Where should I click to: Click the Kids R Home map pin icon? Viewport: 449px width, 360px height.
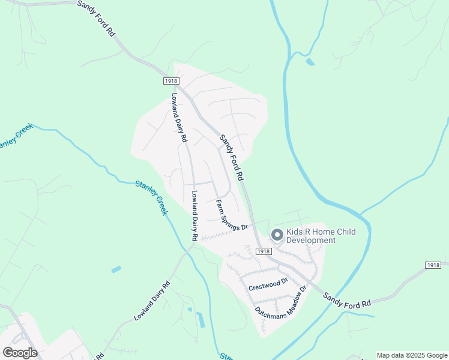tap(277, 235)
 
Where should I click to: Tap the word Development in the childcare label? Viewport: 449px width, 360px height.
tap(311, 241)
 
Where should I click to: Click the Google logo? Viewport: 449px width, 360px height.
tap(20, 352)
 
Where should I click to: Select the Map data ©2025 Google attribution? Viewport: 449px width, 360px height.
tap(411, 355)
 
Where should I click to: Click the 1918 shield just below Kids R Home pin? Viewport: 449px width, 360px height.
tap(263, 251)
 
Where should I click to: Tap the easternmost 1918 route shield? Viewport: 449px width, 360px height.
tap(433, 265)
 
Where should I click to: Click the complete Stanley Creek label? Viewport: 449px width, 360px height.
tap(151, 197)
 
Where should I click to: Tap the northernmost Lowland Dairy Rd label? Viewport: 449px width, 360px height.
tap(179, 117)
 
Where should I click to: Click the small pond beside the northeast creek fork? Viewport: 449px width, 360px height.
tap(310, 61)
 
